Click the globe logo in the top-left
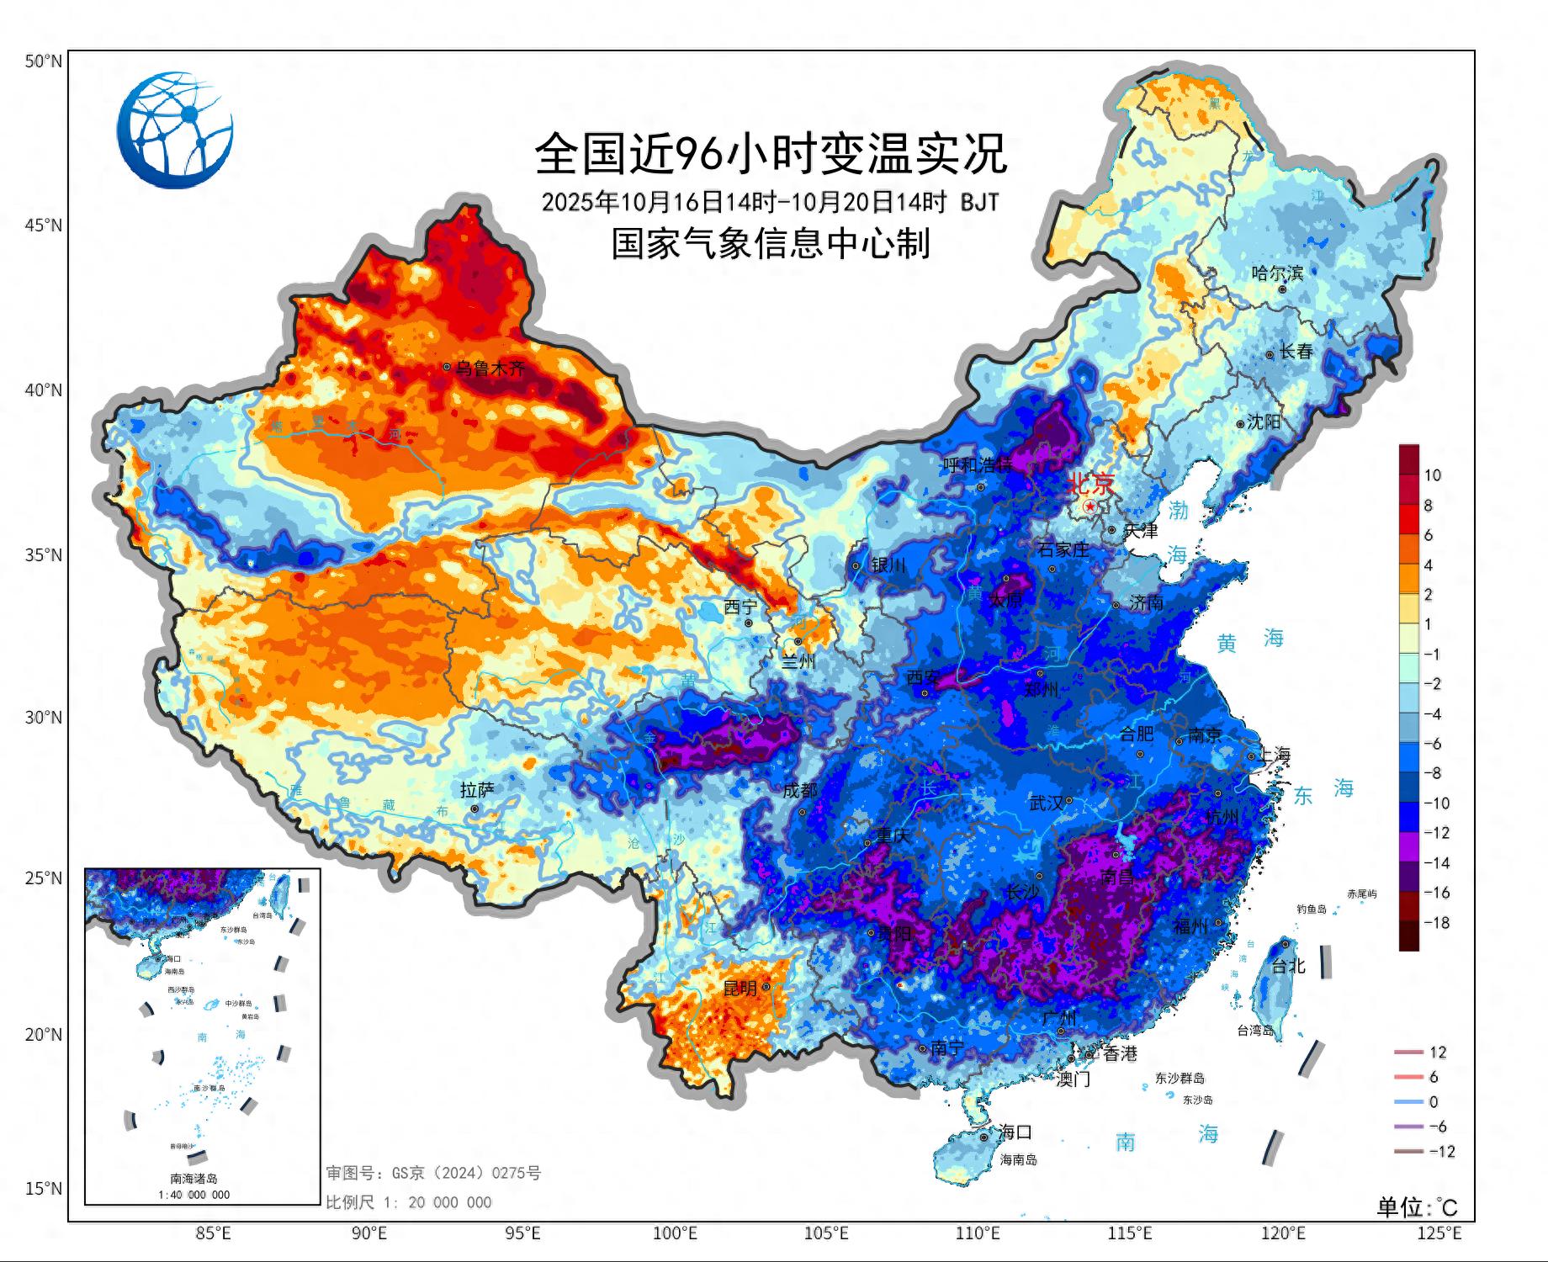pyautogui.click(x=175, y=130)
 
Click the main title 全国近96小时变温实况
pyautogui.click(x=771, y=153)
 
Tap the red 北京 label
pyautogui.click(x=1090, y=484)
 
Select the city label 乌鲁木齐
pyautogui.click(x=490, y=369)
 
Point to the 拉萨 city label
pyautogui.click(x=477, y=790)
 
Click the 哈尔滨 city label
pyautogui.click(x=1276, y=273)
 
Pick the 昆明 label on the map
pyautogui.click(x=740, y=989)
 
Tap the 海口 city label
pyautogui.click(x=1015, y=1132)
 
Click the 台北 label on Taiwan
pyautogui.click(x=1287, y=967)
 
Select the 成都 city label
pyautogui.click(x=799, y=791)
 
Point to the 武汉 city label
pyautogui.click(x=1046, y=803)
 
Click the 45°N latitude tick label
pyautogui.click(x=43, y=225)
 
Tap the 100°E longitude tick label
pyautogui.click(x=675, y=1234)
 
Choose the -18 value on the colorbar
pyautogui.click(x=1436, y=923)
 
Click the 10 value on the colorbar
pyautogui.click(x=1432, y=475)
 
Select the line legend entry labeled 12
pyautogui.click(x=1437, y=1053)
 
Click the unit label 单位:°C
pyautogui.click(x=1416, y=1208)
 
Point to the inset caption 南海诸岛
pyautogui.click(x=193, y=1179)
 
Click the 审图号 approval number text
pyautogui.click(x=433, y=1173)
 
